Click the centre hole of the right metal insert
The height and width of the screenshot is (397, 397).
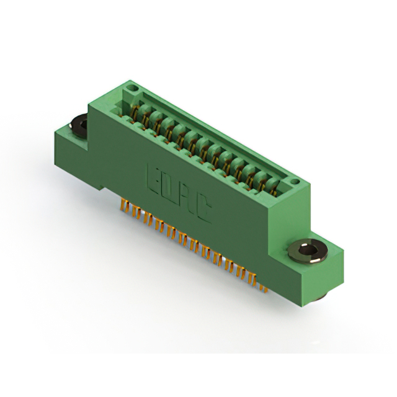[306, 250]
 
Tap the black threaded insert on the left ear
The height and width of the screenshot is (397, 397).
[79, 126]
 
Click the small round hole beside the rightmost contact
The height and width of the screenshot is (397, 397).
[295, 181]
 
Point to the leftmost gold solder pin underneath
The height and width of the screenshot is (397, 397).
[123, 205]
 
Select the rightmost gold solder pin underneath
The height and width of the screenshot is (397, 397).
[265, 288]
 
